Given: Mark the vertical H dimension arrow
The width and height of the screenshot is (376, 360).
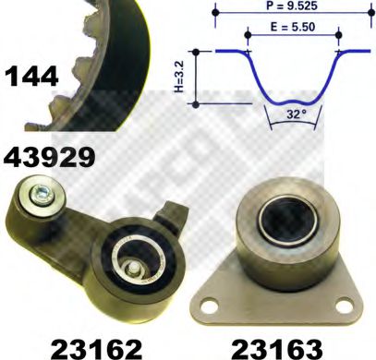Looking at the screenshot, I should pyautogui.click(x=197, y=78).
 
